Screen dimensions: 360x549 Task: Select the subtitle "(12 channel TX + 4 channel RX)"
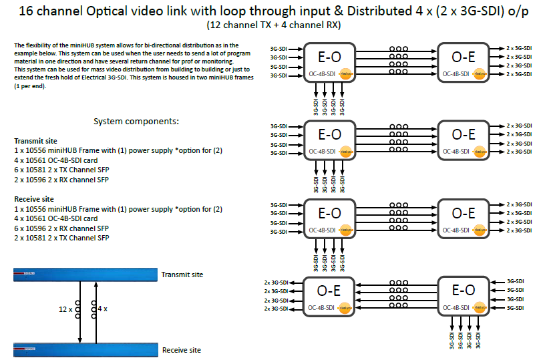tap(274, 25)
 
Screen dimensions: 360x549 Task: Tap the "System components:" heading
tap(136, 122)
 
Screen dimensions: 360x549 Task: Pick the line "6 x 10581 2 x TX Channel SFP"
tap(61, 171)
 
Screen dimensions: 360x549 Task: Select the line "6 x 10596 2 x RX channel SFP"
tap(61, 228)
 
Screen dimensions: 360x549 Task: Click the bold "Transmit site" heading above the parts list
tap(35, 142)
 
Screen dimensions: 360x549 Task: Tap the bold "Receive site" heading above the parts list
tap(34, 200)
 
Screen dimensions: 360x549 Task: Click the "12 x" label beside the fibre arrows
tap(65, 310)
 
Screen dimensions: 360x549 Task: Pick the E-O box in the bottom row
tap(464, 295)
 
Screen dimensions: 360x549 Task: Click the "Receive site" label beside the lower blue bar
tap(182, 350)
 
